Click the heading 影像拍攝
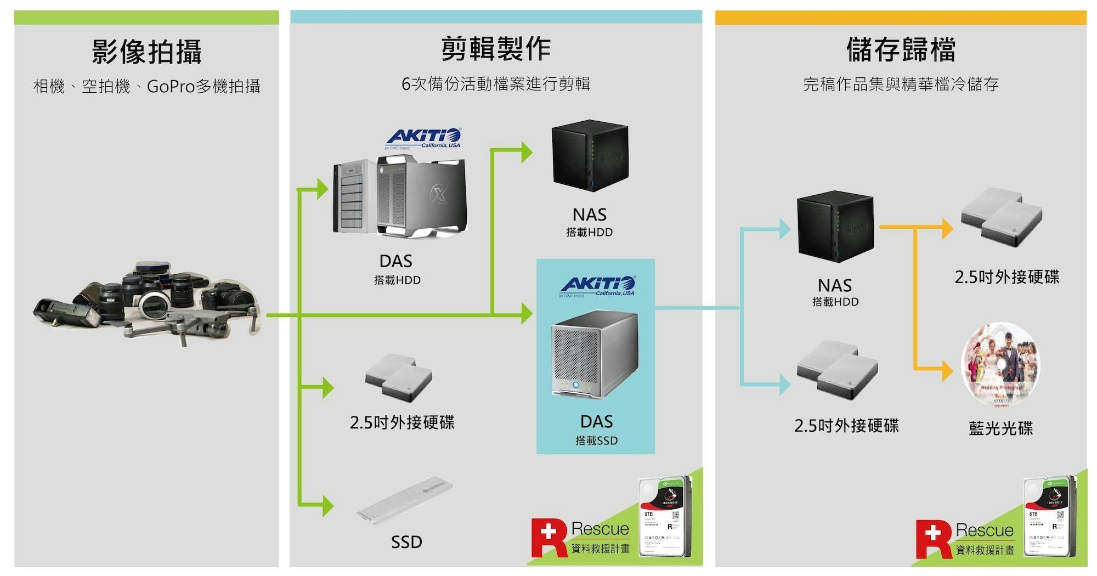[146, 52]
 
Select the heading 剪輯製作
[496, 49]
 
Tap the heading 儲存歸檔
[901, 49]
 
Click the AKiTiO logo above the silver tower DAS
[423, 138]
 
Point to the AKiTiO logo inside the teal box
[597, 286]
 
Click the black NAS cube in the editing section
[590, 157]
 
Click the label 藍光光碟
[1001, 428]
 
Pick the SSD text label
[406, 542]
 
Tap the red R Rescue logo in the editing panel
[548, 537]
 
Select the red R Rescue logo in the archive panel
[933, 539]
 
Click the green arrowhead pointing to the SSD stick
[327, 505]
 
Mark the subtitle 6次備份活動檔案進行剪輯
[496, 84]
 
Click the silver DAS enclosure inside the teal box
[595, 355]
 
